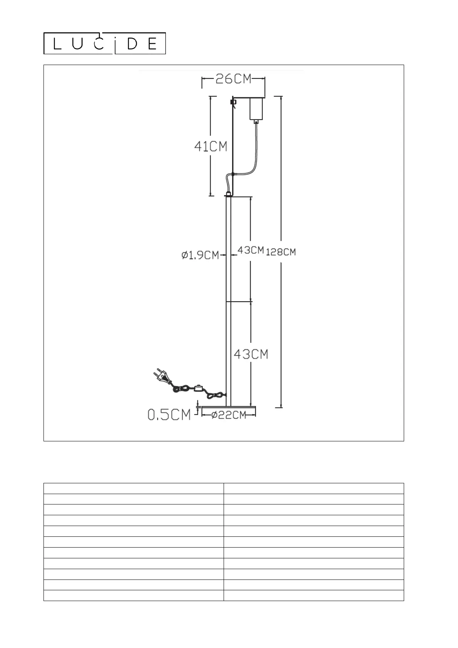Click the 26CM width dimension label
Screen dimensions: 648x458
click(233, 79)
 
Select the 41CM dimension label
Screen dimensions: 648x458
click(211, 146)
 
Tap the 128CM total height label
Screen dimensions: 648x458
click(281, 252)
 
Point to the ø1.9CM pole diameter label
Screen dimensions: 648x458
click(200, 255)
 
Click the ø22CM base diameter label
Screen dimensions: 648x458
click(229, 415)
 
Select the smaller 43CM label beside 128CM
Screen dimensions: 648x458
click(251, 250)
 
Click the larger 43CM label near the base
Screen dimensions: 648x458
click(251, 354)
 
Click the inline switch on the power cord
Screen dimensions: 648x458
click(199, 388)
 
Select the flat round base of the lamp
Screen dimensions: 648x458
click(229, 406)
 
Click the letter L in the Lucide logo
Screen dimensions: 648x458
click(57, 45)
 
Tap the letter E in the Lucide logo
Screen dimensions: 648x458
click(152, 45)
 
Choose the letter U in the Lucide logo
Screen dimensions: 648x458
click(77, 45)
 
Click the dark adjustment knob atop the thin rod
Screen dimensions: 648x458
click(232, 102)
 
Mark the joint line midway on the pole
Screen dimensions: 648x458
click(229, 302)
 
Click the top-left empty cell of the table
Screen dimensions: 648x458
click(134, 488)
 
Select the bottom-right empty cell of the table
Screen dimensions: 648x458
click(314, 595)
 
